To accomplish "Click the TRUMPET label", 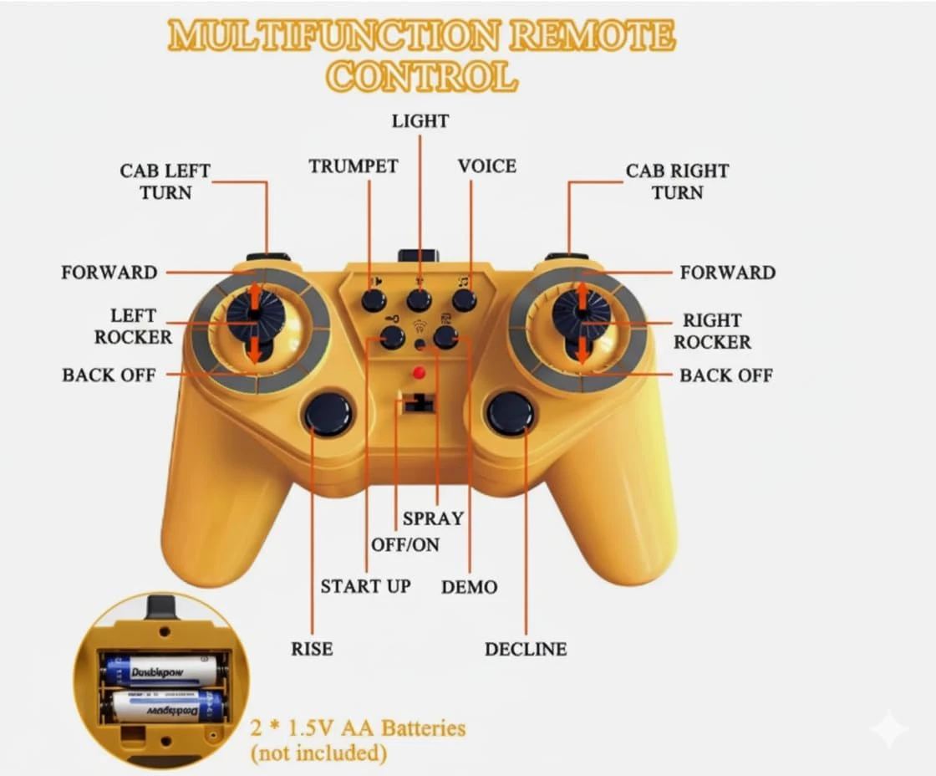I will pyautogui.click(x=354, y=166).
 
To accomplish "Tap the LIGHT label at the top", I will pyautogui.click(x=420, y=121).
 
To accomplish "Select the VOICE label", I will pyautogui.click(x=486, y=166).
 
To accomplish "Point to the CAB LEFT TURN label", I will pyautogui.click(x=165, y=181).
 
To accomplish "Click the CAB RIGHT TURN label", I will pyautogui.click(x=677, y=181).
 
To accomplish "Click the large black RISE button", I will pyautogui.click(x=328, y=413).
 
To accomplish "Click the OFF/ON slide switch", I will pyautogui.click(x=418, y=405).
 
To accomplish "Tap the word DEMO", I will pyautogui.click(x=469, y=587).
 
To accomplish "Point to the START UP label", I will pyautogui.click(x=365, y=586).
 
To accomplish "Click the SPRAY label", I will pyautogui.click(x=433, y=518).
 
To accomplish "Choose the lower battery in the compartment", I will pyautogui.click(x=167, y=707).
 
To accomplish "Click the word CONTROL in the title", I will pyautogui.click(x=421, y=77).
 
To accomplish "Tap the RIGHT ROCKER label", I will pyautogui.click(x=712, y=331).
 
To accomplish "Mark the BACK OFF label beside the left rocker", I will pyautogui.click(x=109, y=375).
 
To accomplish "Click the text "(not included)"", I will pyautogui.click(x=318, y=753).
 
